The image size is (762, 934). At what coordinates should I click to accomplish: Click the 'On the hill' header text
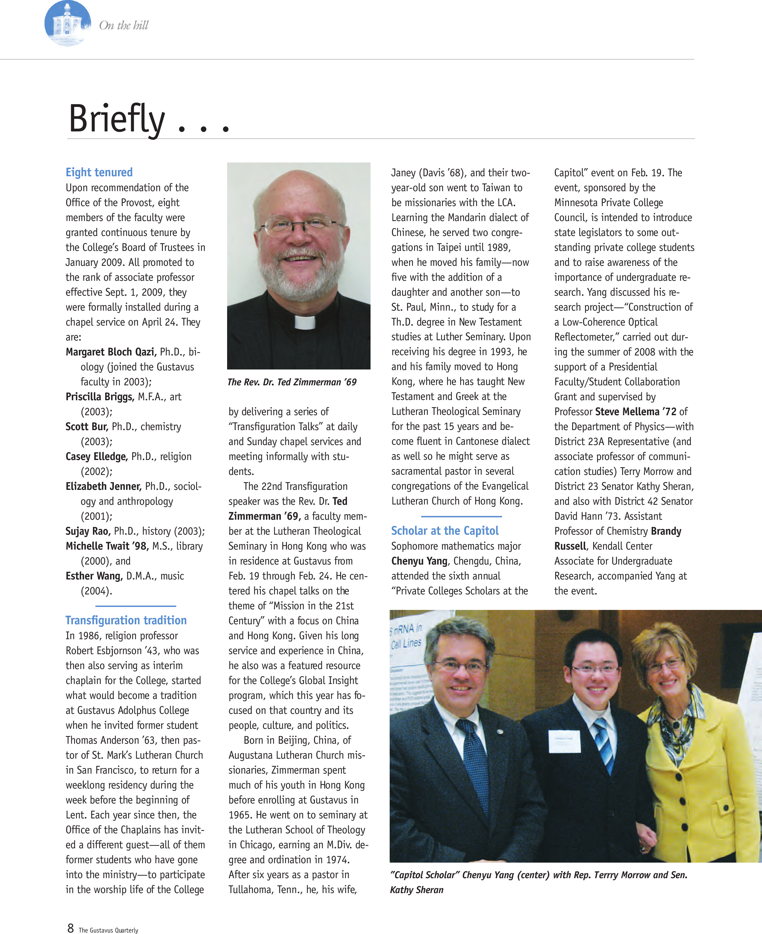pos(124,25)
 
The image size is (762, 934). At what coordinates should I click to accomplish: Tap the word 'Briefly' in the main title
pos(117,119)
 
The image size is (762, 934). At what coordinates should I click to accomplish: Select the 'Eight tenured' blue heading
pos(99,172)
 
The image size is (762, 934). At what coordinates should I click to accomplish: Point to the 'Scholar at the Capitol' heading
pos(445,531)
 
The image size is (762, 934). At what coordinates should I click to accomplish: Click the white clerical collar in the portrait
pos(305,323)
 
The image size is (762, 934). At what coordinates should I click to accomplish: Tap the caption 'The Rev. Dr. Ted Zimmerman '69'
pos(292,382)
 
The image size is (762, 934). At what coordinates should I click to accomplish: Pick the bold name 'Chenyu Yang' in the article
pos(419,561)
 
